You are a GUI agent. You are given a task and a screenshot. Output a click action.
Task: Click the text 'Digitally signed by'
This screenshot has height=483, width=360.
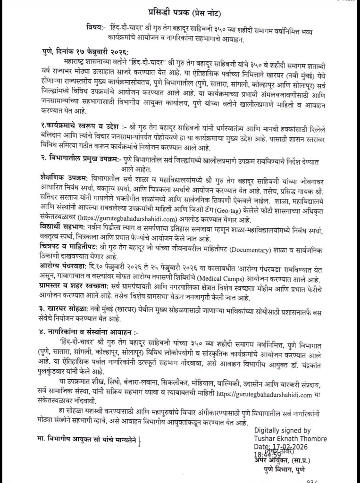pyautogui.click(x=282, y=431)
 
